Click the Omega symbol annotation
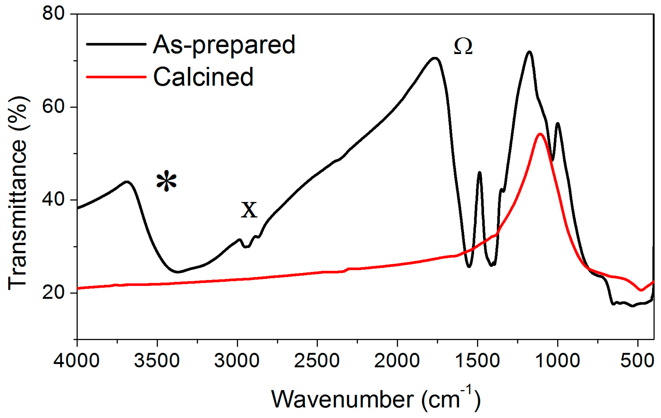(463, 47)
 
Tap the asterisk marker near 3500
(166, 181)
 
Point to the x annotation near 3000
(249, 209)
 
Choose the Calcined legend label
(203, 77)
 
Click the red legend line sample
(116, 77)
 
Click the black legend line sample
(116, 44)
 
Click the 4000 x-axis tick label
(76, 360)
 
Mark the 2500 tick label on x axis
(316, 360)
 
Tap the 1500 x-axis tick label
(477, 360)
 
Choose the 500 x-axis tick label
(637, 360)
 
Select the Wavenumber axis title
(376, 399)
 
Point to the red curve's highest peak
(540, 134)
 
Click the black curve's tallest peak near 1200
(529, 52)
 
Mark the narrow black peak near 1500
(479, 172)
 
